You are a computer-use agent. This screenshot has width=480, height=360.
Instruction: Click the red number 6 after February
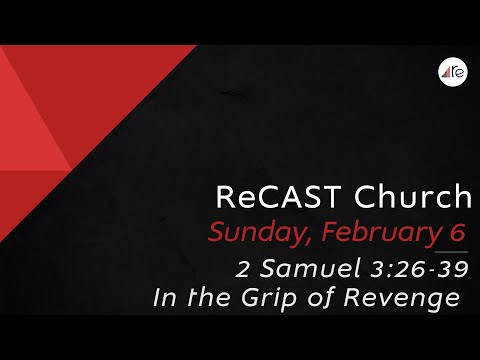[457, 233]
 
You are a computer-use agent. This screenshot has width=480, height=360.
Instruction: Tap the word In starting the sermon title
[163, 298]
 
